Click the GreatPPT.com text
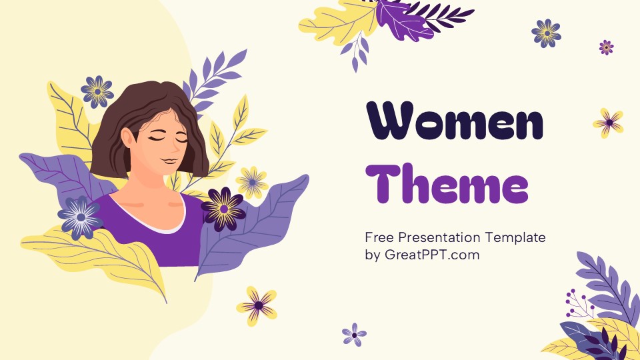point(432,255)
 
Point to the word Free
point(379,237)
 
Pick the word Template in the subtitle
point(515,237)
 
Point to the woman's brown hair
point(120,133)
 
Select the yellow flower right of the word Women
point(609,123)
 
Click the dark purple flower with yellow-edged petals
point(223,209)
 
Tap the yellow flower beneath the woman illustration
point(257,305)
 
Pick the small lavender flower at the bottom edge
point(354,334)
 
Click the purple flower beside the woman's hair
point(97,91)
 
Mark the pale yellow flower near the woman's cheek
point(252,181)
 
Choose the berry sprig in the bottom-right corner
point(577,304)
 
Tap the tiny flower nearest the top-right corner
point(606,47)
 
